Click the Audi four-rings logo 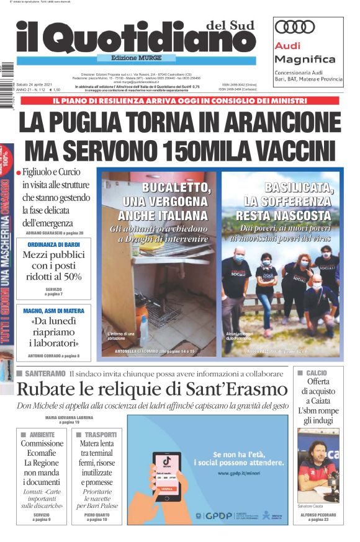pyautogui.click(x=295, y=27)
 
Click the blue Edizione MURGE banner pyautogui.click(x=129, y=58)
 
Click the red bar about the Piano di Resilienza pyautogui.click(x=180, y=100)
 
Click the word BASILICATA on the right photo pyautogui.click(x=297, y=187)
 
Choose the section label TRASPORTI pyautogui.click(x=99, y=434)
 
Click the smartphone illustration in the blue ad pyautogui.click(x=166, y=476)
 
